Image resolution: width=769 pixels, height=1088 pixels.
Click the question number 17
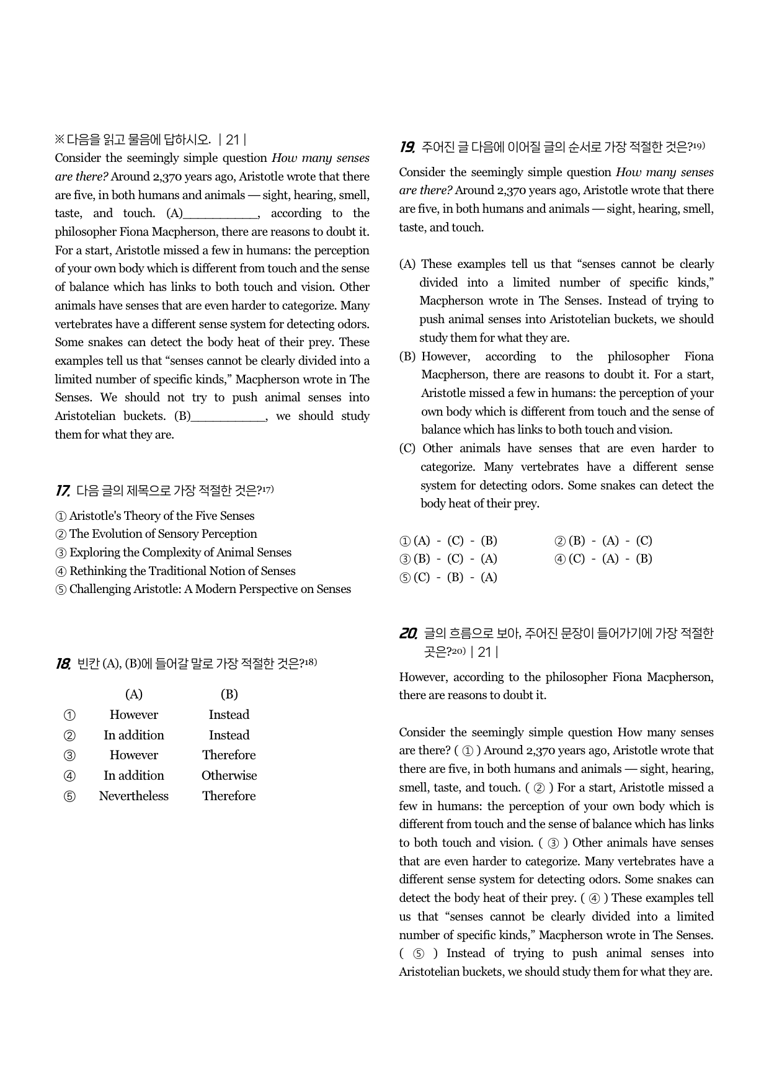(62, 491)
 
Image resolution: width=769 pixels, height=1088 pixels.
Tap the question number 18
(63, 664)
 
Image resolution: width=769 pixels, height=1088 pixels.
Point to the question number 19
(407, 148)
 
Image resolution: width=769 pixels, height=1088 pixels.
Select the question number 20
(408, 634)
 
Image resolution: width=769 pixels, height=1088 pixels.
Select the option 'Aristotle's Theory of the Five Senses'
(161, 516)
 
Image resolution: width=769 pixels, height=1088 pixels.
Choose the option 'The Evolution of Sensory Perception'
(162, 534)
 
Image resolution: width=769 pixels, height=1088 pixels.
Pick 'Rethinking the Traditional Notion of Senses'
(182, 571)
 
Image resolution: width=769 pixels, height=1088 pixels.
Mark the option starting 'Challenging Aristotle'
(210, 589)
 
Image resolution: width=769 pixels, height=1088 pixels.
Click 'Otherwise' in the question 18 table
(229, 776)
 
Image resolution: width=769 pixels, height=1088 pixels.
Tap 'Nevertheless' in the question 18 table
(133, 796)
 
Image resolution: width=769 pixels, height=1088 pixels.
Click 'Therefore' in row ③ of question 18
(229, 756)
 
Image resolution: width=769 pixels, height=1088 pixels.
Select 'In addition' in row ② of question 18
(133, 736)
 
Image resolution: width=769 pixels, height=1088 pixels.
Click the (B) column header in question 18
(229, 695)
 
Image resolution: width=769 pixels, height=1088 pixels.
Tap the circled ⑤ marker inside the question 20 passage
(419, 954)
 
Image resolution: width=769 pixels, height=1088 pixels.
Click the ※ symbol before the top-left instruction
(60, 140)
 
